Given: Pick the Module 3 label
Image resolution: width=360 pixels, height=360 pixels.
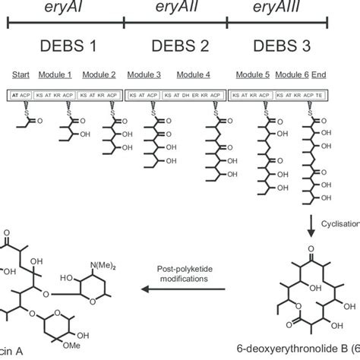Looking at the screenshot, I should coord(155,77).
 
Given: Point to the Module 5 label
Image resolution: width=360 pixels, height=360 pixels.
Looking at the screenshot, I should coord(253,77).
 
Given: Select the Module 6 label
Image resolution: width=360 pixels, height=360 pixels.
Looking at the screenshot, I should coord(292,77).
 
